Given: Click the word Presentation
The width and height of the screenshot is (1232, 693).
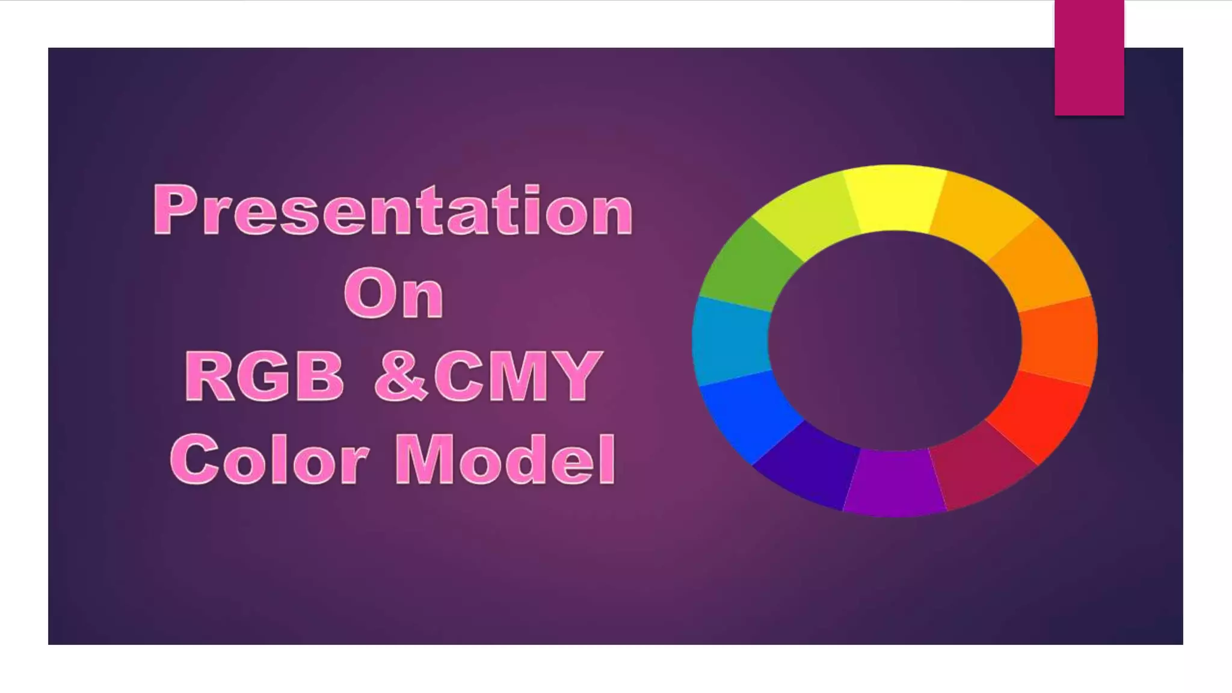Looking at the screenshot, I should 393,211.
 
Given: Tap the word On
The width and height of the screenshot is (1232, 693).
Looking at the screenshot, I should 394,294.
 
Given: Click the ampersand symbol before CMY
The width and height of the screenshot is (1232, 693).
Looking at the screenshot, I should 400,378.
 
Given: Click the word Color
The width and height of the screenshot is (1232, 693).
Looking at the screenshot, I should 269,460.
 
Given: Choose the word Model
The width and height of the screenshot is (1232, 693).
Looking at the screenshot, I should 505,460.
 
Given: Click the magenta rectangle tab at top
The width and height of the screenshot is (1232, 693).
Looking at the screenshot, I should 1089,57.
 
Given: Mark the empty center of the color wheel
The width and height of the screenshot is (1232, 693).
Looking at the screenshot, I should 895,340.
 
